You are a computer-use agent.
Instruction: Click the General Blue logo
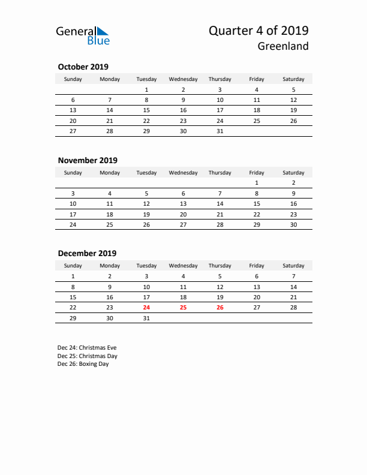click(x=83, y=35)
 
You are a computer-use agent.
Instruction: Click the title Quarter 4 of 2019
click(x=258, y=31)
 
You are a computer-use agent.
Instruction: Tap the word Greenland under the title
click(x=284, y=46)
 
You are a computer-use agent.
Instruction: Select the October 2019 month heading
click(x=83, y=67)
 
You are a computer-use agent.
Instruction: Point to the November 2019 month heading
click(x=88, y=160)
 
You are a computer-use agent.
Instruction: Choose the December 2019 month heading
click(x=87, y=253)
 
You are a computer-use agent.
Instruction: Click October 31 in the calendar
click(x=219, y=131)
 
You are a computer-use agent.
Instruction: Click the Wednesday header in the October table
click(x=183, y=79)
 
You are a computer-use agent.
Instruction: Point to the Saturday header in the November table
click(x=293, y=173)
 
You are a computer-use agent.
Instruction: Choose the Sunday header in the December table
click(x=73, y=266)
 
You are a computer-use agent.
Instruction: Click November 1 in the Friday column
click(x=257, y=183)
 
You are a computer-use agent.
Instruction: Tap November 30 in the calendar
click(x=293, y=224)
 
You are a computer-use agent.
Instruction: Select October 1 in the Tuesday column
click(x=146, y=90)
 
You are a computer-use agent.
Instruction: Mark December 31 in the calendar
click(x=146, y=319)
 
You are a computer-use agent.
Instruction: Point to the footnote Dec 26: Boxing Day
click(x=83, y=364)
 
